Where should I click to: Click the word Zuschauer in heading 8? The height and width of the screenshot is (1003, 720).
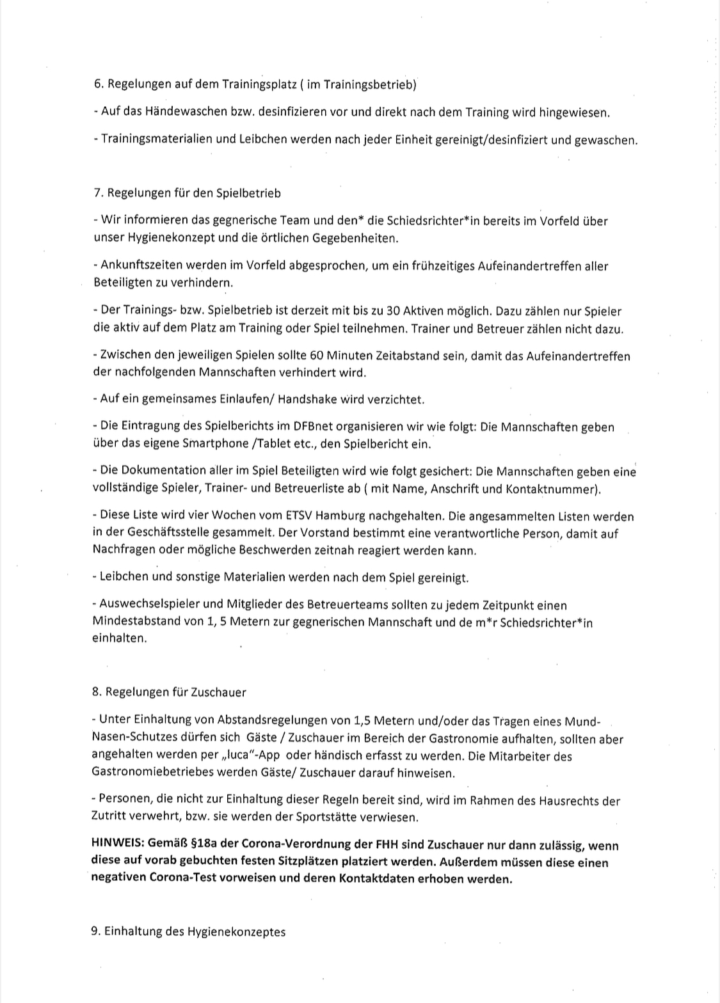pos(216,692)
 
